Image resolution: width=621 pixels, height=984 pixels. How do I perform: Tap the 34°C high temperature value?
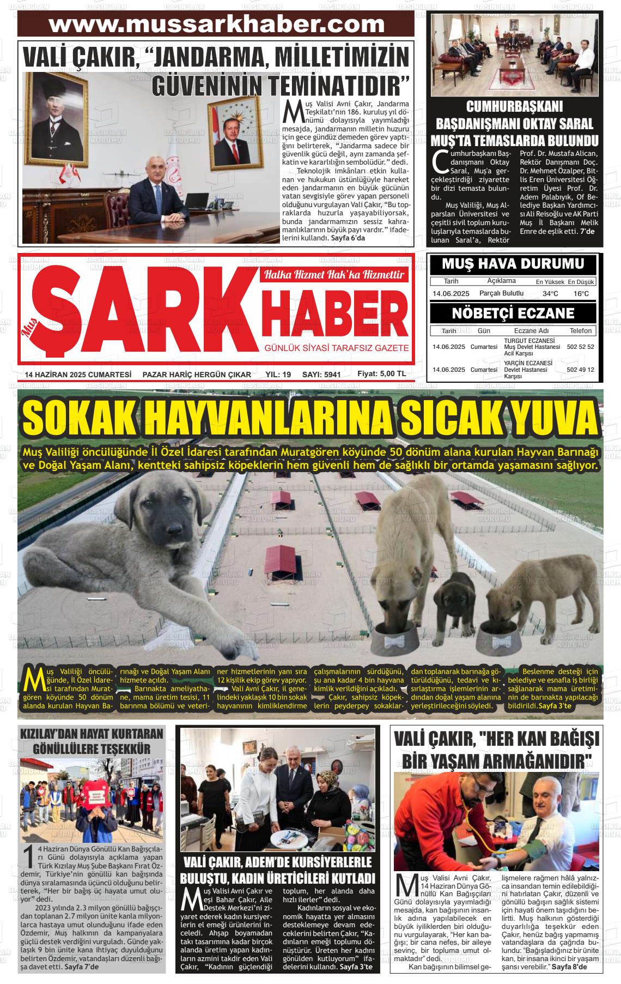click(x=550, y=294)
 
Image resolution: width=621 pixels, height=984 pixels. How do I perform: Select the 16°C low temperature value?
click(x=581, y=294)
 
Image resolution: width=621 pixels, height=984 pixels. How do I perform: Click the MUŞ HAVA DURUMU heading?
click(x=513, y=264)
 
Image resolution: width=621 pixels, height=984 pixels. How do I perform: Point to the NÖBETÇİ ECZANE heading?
click(x=513, y=313)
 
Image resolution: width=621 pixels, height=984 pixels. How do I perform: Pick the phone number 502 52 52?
click(x=580, y=347)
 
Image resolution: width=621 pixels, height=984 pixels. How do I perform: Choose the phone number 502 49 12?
click(x=580, y=370)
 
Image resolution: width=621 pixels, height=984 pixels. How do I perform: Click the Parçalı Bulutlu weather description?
click(x=501, y=293)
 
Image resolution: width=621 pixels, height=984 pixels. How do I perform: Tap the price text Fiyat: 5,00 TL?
click(x=381, y=374)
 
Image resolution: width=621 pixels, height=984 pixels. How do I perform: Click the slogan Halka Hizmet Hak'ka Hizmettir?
click(x=334, y=274)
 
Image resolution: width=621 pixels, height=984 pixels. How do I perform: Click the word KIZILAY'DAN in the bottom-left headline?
click(x=52, y=734)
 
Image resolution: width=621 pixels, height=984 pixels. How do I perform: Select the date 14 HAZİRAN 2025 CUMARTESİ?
click(x=78, y=375)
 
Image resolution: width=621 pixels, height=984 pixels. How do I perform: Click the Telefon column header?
click(x=580, y=330)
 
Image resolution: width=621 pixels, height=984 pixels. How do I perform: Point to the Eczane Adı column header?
click(x=531, y=330)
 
